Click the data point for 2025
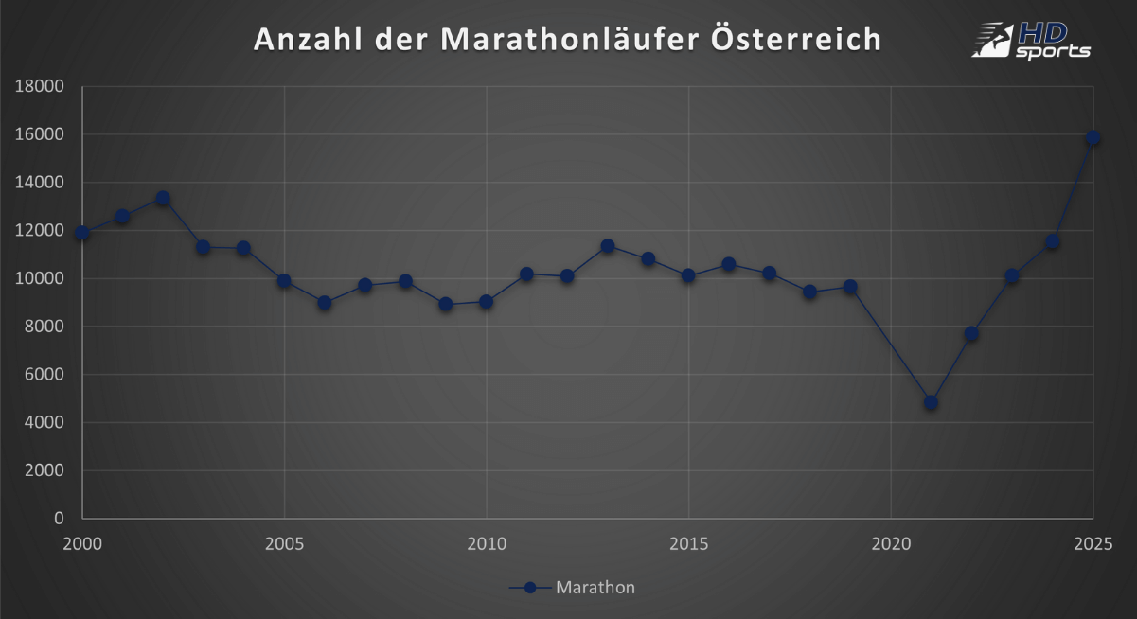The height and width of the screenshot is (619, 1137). (x=1093, y=138)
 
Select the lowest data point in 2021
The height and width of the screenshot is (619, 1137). (x=931, y=402)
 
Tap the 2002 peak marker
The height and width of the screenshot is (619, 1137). (x=163, y=199)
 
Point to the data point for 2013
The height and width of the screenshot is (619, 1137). (x=608, y=246)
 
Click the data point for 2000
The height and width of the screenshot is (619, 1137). (x=82, y=233)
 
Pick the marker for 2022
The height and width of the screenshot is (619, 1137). (x=971, y=333)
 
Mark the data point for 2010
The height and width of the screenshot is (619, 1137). (x=486, y=301)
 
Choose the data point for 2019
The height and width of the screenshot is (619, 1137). (x=850, y=287)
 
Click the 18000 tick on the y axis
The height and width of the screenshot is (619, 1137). (x=39, y=86)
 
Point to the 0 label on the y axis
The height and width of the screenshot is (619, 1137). (x=59, y=519)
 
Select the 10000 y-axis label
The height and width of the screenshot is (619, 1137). (x=39, y=278)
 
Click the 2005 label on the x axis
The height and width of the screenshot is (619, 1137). (x=284, y=543)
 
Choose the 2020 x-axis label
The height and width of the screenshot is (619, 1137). (x=890, y=543)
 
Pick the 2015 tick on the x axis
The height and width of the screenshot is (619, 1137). (x=688, y=543)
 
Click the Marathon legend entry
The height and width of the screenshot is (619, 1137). (x=574, y=588)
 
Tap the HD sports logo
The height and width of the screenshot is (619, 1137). (x=1031, y=40)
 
